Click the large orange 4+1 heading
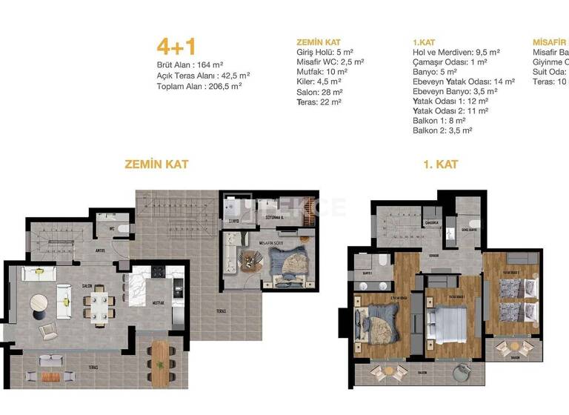176,46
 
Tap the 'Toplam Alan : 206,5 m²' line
199,86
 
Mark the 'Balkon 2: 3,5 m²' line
442,130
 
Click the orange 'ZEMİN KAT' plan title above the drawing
156,164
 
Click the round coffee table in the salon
40,302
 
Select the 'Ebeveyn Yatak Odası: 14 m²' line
463,82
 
